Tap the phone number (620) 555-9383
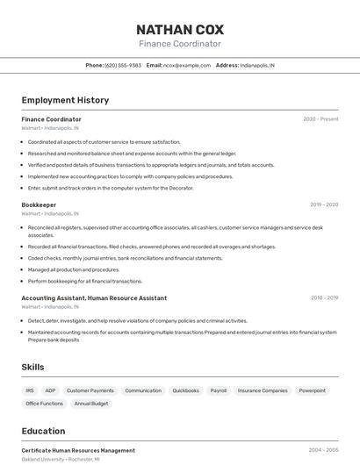[123, 65]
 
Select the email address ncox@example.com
[186, 65]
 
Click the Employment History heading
[65, 100]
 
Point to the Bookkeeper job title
[39, 204]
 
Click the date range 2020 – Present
[320, 119]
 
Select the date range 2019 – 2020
[324, 204]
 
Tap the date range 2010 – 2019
[324, 298]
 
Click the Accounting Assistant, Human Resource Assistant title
[94, 298]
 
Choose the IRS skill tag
[30, 390]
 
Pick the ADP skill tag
[50, 390]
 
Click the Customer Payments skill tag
[90, 390]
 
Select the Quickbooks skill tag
[185, 390]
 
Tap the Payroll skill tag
[219, 390]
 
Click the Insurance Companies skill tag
[263, 390]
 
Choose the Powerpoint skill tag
[312, 390]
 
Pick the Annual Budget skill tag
[91, 404]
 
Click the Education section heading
[43, 431]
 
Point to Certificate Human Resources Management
[78, 450]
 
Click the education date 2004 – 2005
[323, 450]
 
